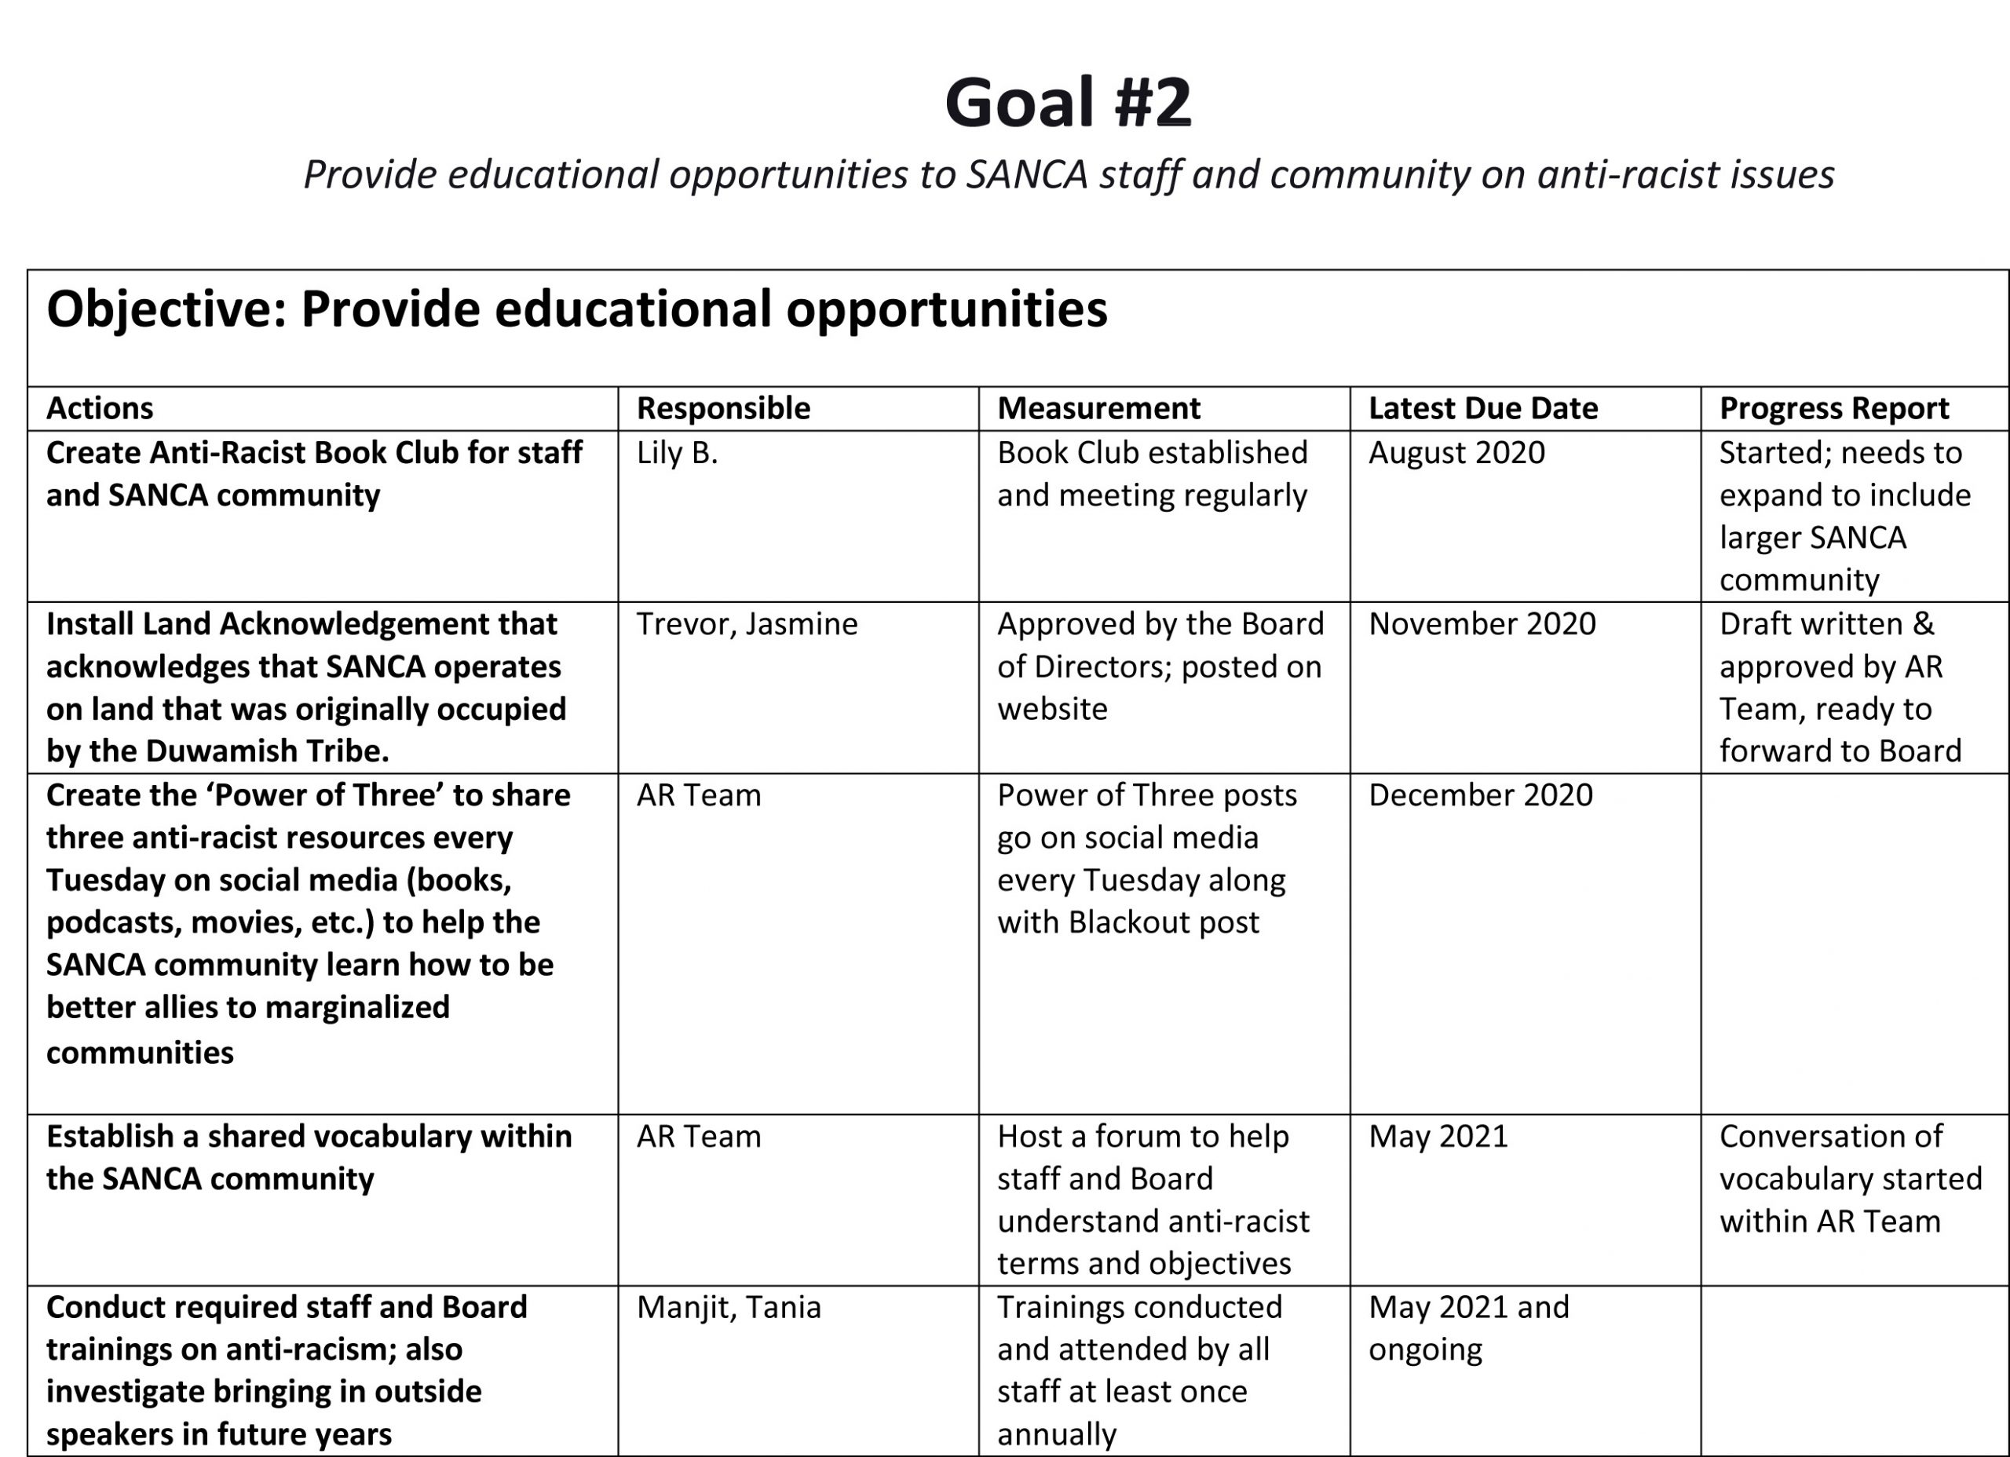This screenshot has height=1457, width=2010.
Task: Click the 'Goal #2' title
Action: (1068, 103)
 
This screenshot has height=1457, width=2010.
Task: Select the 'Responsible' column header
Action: (723, 408)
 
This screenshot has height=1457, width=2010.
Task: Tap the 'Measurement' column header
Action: (1098, 408)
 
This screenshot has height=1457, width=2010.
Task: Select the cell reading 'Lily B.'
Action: (677, 453)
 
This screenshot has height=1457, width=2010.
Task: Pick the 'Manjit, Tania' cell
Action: (729, 1307)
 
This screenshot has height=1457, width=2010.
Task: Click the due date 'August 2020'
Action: (1456, 453)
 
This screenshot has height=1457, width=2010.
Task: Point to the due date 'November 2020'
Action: (1482, 624)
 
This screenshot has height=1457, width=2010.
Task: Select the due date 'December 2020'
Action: (1480, 795)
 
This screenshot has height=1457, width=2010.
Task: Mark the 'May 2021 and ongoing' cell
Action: (1467, 1327)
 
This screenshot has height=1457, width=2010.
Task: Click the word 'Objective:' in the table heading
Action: (166, 309)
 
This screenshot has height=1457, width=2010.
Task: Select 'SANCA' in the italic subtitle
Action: (1026, 174)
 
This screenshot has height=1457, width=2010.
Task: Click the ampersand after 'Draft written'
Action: (1923, 624)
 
